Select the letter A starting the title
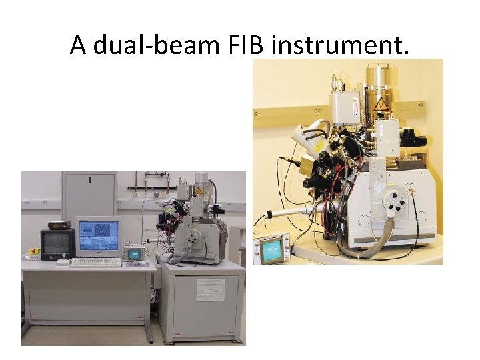(x=79, y=45)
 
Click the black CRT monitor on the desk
(x=57, y=243)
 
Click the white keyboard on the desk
(x=96, y=263)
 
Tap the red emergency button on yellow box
(x=29, y=253)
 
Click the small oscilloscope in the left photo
(x=134, y=253)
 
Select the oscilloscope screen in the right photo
(x=272, y=250)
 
